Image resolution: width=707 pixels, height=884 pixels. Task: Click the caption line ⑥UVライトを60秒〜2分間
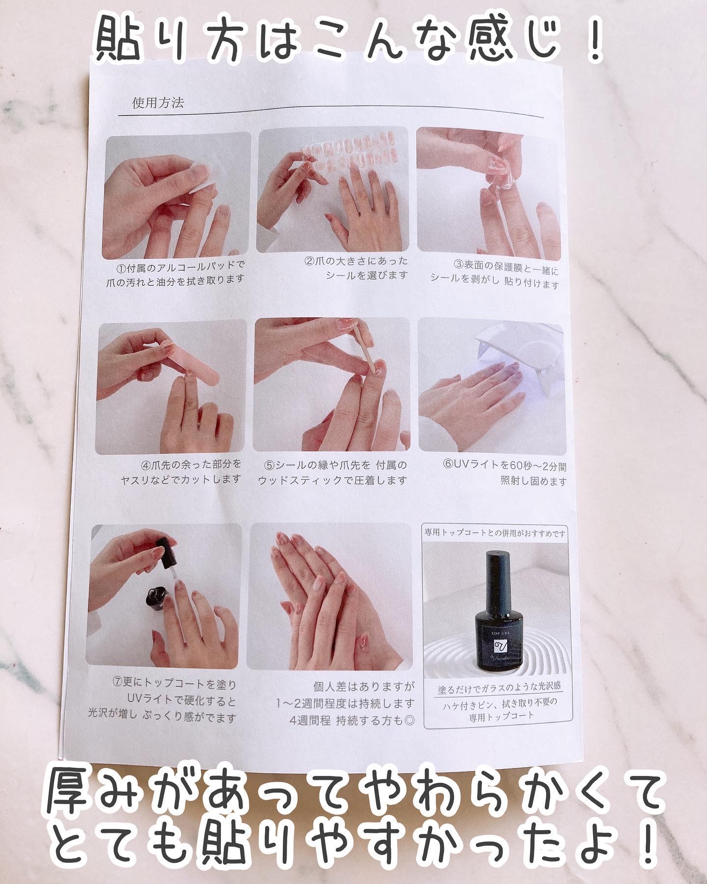point(504,466)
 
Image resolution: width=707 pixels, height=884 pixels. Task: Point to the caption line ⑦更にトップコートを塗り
point(174,684)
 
